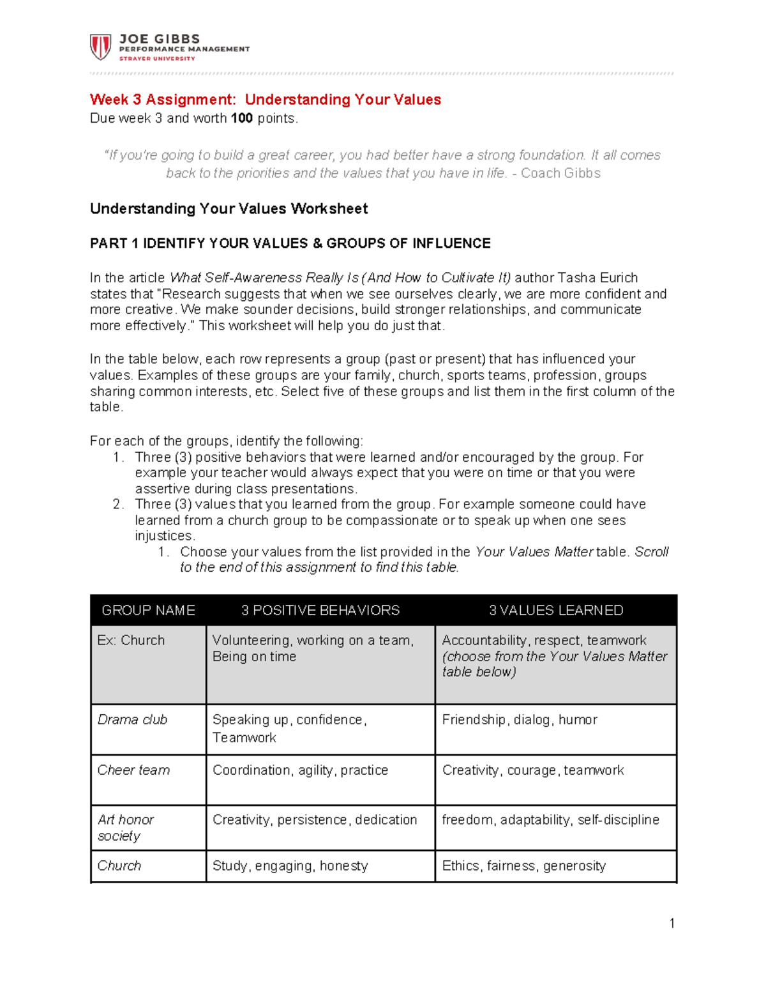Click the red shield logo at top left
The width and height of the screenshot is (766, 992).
[x=101, y=47]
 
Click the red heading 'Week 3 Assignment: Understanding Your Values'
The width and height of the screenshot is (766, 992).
[x=265, y=100]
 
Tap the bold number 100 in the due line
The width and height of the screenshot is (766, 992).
[x=242, y=118]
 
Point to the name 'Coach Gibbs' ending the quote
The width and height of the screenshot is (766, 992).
[x=560, y=173]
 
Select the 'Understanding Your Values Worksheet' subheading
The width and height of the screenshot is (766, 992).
[x=229, y=209]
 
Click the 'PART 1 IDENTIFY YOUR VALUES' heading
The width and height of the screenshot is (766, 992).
[x=290, y=243]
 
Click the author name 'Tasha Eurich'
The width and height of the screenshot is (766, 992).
[x=597, y=278]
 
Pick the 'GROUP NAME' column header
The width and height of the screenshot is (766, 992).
[x=148, y=610]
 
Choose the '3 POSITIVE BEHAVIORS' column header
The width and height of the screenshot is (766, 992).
[x=320, y=610]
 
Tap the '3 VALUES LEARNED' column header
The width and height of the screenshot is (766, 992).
[x=556, y=610]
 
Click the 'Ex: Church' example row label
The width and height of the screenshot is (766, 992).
[x=131, y=640]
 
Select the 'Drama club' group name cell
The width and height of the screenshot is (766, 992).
[x=132, y=720]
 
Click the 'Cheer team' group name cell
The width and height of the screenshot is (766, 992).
[x=133, y=770]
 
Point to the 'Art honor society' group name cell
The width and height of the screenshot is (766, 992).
[x=125, y=827]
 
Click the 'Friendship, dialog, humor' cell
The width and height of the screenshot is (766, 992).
[x=520, y=720]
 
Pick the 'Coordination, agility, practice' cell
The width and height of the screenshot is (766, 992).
[x=300, y=770]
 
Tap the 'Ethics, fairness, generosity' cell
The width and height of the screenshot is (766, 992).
[x=524, y=866]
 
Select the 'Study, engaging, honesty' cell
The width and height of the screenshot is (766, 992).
[x=290, y=866]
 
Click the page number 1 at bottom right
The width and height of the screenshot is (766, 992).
[x=672, y=923]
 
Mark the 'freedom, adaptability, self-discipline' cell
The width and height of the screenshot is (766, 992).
[x=550, y=820]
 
